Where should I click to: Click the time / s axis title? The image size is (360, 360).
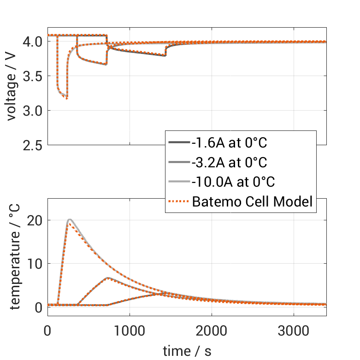(x=187, y=351)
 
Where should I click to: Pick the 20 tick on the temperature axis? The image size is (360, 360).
(x=36, y=220)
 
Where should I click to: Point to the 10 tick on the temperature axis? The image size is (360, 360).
(x=36, y=264)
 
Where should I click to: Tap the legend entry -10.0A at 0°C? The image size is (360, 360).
(x=233, y=182)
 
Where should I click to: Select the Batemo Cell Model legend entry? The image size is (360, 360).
(x=253, y=201)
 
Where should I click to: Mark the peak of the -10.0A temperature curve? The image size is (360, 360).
(x=70, y=219)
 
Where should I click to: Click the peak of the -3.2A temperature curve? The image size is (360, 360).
(x=107, y=277)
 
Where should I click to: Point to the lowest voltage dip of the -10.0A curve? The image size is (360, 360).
(x=67, y=98)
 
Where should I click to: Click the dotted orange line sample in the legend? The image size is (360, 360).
(x=179, y=201)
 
